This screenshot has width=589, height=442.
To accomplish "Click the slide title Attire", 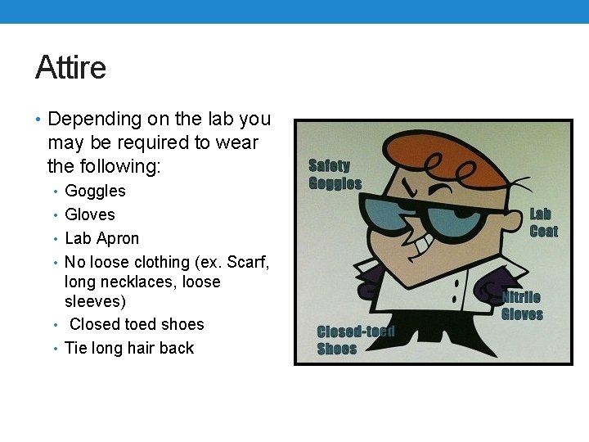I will (x=70, y=67).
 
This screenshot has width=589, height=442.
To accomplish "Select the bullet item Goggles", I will (x=95, y=191).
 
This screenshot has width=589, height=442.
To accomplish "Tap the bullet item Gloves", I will (x=90, y=214).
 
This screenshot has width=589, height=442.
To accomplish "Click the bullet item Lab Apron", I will (x=101, y=238).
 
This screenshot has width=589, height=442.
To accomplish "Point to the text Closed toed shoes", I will (x=137, y=324).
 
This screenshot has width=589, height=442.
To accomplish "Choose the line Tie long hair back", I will (x=129, y=348).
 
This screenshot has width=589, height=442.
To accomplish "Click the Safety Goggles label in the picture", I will (x=335, y=174).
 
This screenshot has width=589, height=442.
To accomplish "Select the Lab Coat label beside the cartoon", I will (x=543, y=223).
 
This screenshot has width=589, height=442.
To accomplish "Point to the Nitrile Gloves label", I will (x=522, y=305).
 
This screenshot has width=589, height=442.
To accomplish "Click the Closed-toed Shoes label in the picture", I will (x=356, y=340).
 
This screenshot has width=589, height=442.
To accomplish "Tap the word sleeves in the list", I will (x=95, y=301).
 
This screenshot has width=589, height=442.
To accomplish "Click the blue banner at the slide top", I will (x=294, y=11).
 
